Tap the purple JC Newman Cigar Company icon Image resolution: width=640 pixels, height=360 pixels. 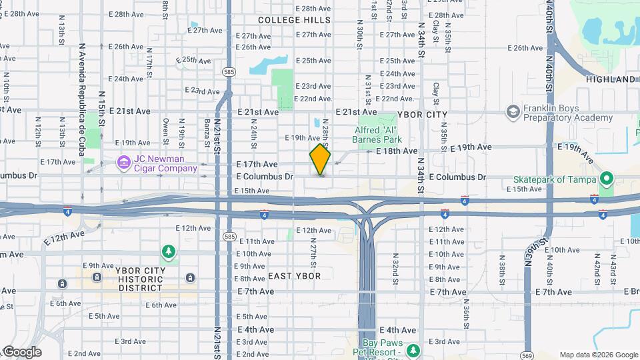click(x=123, y=163)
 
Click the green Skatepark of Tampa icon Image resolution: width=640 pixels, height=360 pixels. click(x=606, y=179)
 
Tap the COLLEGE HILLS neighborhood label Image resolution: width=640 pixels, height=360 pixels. click(x=294, y=20)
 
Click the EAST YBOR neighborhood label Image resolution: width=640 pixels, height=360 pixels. click(x=294, y=276)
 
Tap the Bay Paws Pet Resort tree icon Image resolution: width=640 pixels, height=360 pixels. click(x=413, y=350)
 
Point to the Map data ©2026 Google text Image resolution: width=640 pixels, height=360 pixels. click(x=598, y=355)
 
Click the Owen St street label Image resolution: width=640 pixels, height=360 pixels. click(x=165, y=131)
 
